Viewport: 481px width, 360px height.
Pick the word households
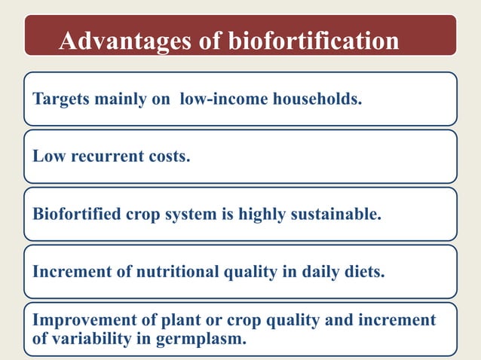[x=313, y=99]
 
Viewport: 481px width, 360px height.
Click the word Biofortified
[x=76, y=214]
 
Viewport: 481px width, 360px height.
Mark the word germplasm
[x=204, y=339]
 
